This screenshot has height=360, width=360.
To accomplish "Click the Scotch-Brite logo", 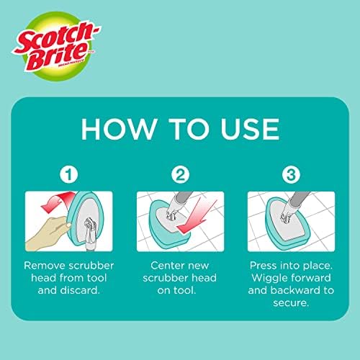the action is click(x=55, y=46).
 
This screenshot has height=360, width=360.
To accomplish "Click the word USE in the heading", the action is click(x=250, y=129).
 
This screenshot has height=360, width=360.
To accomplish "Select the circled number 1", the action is click(x=69, y=174).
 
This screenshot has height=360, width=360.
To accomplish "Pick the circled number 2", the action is click(x=180, y=174).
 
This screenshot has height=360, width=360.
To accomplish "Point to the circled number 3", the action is click(x=291, y=174).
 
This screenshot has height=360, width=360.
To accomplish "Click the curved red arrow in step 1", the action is click(x=56, y=201).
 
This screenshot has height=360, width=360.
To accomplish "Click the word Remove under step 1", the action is click(x=45, y=266).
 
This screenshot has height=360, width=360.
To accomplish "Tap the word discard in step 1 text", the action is click(x=80, y=290).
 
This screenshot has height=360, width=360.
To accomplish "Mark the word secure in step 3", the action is click(x=291, y=303).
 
